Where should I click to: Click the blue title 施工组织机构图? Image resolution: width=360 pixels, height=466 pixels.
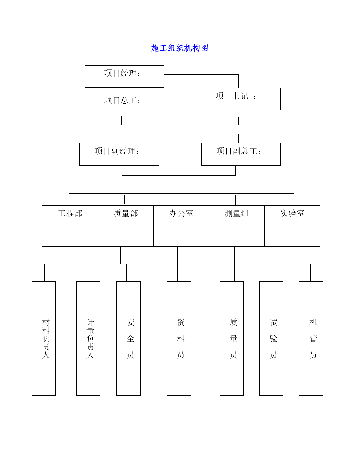pos(180,48)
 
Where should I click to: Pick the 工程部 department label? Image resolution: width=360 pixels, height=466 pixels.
pos(70,214)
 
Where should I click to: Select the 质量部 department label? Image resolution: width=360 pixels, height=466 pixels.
pos(126,214)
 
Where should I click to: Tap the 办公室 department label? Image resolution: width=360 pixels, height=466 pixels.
pos(181,214)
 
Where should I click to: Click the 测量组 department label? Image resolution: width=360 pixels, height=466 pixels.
pos(237,214)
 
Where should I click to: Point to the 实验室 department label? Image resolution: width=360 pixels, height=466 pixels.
pos(292,213)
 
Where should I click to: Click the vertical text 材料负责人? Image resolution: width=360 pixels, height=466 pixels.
pos(46,339)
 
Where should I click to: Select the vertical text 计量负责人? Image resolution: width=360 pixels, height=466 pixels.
pos(90,339)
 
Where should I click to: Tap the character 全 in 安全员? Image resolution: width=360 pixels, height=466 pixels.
pos(130,339)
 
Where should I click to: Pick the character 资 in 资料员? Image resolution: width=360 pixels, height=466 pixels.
pos(181,322)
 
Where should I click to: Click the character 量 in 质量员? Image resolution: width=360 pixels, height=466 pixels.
pos(234,339)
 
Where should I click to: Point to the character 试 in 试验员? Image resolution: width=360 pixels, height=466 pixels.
pos(273,322)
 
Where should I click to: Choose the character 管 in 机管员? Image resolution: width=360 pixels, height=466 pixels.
pos(313,339)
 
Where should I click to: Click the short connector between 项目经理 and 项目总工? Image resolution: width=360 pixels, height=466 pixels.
pos(122,90)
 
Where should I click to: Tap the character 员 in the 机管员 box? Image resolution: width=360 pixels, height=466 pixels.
pos(313,355)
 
